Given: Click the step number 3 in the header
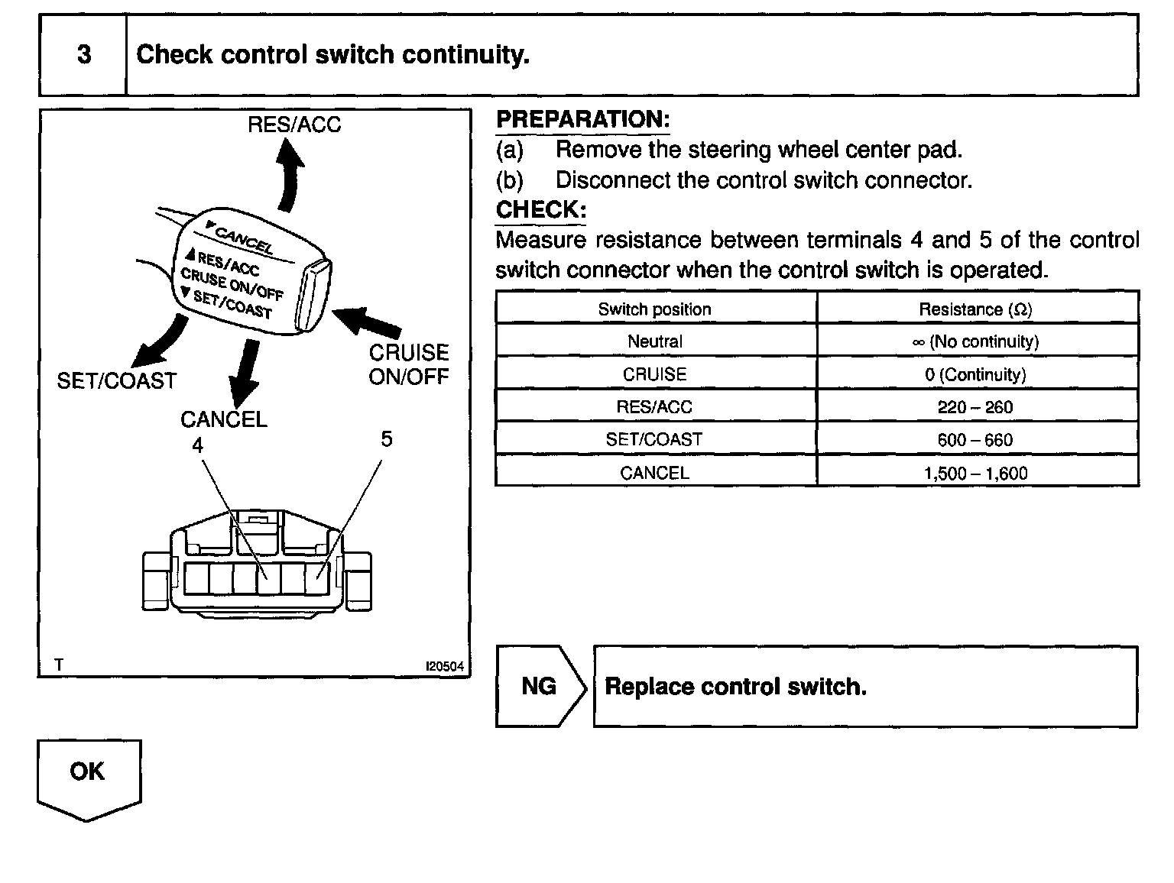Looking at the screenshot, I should (84, 55).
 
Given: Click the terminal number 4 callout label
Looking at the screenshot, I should (198, 445).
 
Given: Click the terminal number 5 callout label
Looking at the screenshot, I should (386, 439).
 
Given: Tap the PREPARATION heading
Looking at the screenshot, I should (582, 120).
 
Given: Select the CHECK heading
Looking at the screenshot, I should (540, 209).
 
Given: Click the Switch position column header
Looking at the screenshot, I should (654, 309).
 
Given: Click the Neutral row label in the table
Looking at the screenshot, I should (654, 341).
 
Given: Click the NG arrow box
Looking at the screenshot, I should (540, 686).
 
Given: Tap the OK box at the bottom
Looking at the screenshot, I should (88, 773).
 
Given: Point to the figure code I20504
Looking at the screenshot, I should (445, 666).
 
